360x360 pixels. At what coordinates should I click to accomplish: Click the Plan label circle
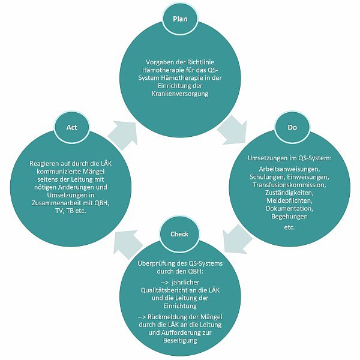click(x=180, y=19)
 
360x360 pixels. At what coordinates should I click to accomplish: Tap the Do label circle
click(x=292, y=127)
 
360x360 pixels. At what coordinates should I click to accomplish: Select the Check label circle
click(x=179, y=234)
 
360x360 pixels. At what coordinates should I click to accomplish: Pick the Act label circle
click(x=71, y=127)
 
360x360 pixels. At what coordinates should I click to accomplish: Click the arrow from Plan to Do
click(x=232, y=130)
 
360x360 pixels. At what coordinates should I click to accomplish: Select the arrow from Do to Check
click(x=237, y=239)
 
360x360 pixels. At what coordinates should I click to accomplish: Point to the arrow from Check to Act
click(x=128, y=245)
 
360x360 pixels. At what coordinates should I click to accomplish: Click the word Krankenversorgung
click(x=180, y=94)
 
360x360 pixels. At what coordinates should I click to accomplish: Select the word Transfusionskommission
click(x=289, y=185)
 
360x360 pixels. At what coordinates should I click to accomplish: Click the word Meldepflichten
click(x=289, y=200)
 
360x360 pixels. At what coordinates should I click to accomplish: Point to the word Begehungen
click(x=289, y=217)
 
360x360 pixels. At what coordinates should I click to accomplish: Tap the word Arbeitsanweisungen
click(x=289, y=169)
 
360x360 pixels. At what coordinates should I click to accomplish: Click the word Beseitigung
click(x=180, y=340)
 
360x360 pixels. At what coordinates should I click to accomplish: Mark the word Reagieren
click(x=44, y=164)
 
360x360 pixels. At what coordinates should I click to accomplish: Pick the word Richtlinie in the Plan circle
click(x=200, y=62)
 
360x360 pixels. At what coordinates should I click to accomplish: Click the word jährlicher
click(x=185, y=283)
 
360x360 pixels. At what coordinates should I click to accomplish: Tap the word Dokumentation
click(x=289, y=208)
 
